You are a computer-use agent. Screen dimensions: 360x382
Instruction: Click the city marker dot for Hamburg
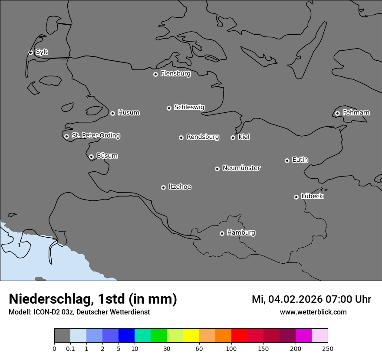(x=222, y=233)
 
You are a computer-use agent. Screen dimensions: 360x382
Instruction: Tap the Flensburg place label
(x=175, y=74)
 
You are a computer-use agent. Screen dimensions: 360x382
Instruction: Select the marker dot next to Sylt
(x=30, y=52)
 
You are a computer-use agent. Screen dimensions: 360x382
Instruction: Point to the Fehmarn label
(x=356, y=113)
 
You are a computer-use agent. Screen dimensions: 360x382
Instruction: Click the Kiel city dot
(x=233, y=137)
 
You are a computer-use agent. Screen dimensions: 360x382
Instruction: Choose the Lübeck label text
(x=312, y=196)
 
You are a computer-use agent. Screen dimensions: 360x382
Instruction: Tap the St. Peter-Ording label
(x=95, y=136)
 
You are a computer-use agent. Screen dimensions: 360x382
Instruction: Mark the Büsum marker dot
(x=91, y=157)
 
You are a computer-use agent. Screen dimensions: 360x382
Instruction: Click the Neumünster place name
(x=241, y=168)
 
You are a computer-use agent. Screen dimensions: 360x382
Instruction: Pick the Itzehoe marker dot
(x=163, y=187)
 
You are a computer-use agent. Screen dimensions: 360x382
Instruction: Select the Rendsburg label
(x=203, y=137)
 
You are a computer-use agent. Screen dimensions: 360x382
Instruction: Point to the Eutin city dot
(x=287, y=160)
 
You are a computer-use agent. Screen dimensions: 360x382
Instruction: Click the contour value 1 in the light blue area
(x=19, y=245)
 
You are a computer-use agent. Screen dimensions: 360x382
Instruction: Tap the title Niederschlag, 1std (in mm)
(x=93, y=299)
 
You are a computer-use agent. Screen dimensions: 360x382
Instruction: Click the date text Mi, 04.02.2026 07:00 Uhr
(x=311, y=299)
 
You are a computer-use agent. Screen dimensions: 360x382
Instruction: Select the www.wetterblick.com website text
(x=313, y=312)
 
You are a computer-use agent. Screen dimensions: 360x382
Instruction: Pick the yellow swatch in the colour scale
(x=191, y=336)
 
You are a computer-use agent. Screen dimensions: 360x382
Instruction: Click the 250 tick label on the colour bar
(x=328, y=348)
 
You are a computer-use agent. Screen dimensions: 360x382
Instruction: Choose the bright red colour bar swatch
(x=239, y=336)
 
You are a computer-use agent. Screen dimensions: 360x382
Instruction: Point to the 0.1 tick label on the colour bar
(x=70, y=348)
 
